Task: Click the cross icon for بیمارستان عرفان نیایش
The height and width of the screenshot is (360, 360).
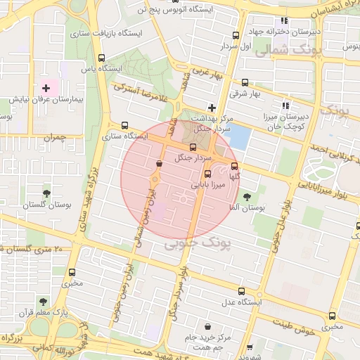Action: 46,89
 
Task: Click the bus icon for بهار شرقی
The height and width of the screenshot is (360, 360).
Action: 245,82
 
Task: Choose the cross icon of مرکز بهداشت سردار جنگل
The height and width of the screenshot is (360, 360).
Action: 211,108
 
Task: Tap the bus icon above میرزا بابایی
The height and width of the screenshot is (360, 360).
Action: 207,174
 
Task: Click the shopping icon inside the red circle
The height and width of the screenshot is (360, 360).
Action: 159,164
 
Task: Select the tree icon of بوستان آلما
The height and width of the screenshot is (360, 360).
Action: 246,197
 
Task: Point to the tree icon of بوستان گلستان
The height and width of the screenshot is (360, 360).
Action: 46,191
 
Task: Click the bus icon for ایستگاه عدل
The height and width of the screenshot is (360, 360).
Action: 242,291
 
